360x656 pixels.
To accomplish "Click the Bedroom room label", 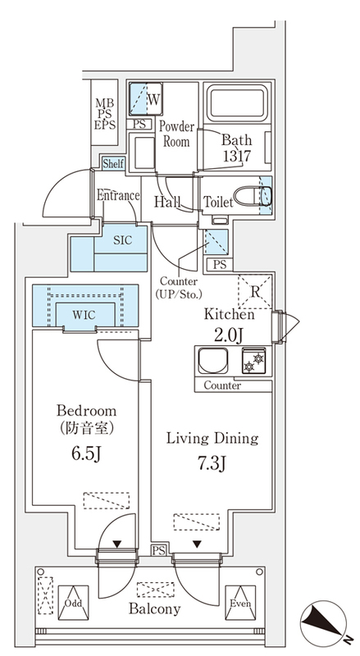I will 85,410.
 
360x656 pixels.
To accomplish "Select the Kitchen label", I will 230,314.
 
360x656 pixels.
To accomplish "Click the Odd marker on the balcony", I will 75,600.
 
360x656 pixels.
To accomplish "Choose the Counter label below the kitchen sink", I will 221,385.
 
